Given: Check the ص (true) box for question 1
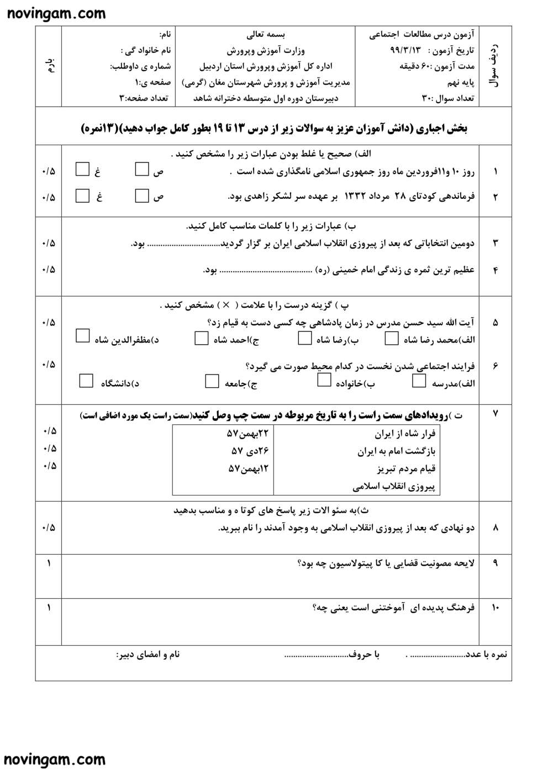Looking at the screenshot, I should coord(142,169).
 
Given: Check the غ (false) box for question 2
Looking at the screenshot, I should coord(82,196).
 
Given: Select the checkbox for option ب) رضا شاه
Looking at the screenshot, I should coord(305,338).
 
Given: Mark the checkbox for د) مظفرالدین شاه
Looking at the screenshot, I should coord(82,335).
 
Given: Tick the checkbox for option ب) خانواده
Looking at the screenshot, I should coord(324,381).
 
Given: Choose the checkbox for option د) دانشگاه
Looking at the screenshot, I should coord(86,381).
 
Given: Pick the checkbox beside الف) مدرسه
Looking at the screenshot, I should coord(419,381).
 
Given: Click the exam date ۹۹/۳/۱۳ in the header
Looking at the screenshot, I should coord(405,50).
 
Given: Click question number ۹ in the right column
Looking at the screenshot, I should coord(494,563).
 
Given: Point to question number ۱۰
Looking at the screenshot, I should coord(494,608).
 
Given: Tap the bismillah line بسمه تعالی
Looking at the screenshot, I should coord(265,34).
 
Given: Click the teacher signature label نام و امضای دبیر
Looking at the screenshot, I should coord(147,655).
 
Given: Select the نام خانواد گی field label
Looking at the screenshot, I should coord(146,50).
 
